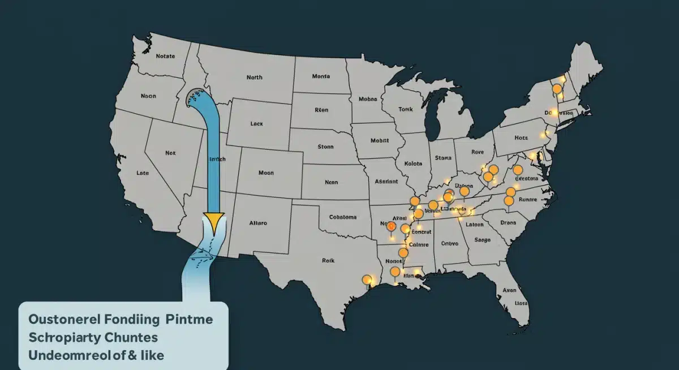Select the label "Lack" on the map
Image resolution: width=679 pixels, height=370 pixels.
coord(256,122)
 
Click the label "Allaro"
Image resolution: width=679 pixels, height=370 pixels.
coord(258,223)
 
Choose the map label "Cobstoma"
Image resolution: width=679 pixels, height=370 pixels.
coord(343,217)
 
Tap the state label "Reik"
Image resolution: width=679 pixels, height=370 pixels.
coord(329,261)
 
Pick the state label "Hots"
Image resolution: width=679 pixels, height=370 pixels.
coord(521,137)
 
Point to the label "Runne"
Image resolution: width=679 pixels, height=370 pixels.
coord(531,199)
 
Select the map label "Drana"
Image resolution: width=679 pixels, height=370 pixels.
coord(509,222)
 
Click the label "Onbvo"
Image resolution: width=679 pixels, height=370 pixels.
coord(449,244)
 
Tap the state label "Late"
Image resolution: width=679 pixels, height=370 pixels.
coord(143,173)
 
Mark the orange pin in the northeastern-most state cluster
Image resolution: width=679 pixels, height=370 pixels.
coord(557,89)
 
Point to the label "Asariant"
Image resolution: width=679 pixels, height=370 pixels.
coord(386,182)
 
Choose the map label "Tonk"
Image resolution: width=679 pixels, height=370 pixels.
coord(406,109)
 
